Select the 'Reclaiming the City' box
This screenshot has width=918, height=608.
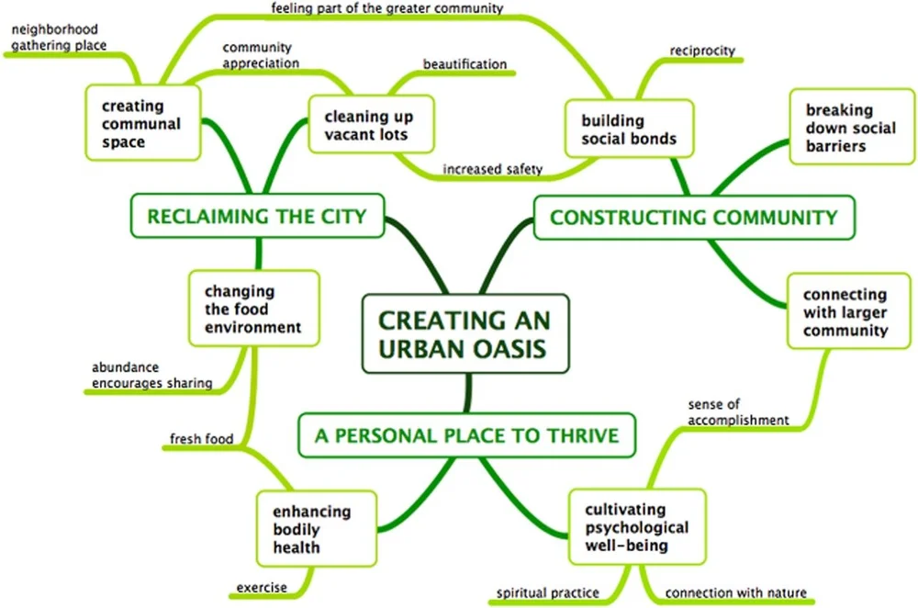257,217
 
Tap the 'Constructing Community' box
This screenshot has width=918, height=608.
693,218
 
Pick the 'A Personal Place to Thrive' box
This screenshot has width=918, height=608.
466,434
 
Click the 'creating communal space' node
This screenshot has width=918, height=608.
141,124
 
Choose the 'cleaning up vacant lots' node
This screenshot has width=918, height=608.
368,126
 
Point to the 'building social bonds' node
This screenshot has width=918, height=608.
629,129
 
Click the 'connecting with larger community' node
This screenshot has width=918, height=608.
845,313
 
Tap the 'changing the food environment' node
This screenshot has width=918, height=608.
252,310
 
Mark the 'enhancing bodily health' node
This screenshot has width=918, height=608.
311,530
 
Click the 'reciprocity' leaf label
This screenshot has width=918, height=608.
702,51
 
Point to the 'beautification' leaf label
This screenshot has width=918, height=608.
465,64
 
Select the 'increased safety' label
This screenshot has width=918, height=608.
492,168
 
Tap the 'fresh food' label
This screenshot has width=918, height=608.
201,438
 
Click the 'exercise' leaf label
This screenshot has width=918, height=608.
261,587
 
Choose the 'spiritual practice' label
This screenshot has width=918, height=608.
548,592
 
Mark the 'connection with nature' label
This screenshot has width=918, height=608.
735,592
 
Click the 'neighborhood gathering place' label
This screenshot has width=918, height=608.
59,37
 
